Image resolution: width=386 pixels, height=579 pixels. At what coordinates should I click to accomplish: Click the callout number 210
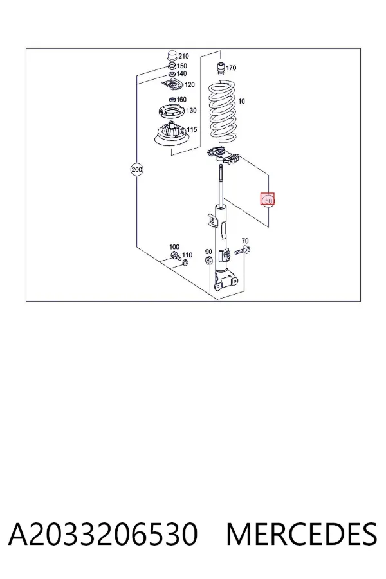(x=183, y=56)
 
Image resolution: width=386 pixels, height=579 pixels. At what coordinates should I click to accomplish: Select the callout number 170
(x=231, y=68)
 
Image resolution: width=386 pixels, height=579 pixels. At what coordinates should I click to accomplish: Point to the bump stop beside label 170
(x=221, y=69)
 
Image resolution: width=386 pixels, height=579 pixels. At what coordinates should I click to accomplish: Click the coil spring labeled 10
(x=223, y=113)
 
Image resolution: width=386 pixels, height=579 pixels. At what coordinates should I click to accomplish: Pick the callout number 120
(x=190, y=85)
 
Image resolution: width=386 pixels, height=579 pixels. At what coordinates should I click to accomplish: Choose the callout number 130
(x=191, y=111)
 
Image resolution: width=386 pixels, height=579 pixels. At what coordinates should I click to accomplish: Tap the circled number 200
(x=136, y=170)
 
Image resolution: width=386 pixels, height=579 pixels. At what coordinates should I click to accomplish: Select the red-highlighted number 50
(x=268, y=201)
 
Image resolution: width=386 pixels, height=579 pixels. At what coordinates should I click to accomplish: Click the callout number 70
(x=245, y=241)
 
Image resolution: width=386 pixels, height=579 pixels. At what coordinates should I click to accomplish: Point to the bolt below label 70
(x=243, y=251)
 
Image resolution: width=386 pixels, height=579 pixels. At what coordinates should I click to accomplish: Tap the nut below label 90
(x=208, y=260)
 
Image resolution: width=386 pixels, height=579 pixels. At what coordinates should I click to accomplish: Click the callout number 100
(x=174, y=247)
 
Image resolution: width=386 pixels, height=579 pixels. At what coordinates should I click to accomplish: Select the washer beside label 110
(x=185, y=262)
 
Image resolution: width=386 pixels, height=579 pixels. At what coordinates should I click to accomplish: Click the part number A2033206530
(x=103, y=534)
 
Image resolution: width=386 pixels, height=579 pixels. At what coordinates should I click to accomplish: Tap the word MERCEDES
(x=302, y=534)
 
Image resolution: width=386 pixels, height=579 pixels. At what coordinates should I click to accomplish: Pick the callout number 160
(x=181, y=100)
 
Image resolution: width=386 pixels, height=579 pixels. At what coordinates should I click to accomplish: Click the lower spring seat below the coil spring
(x=224, y=156)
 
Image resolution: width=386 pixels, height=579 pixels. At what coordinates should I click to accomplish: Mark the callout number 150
(x=181, y=66)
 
